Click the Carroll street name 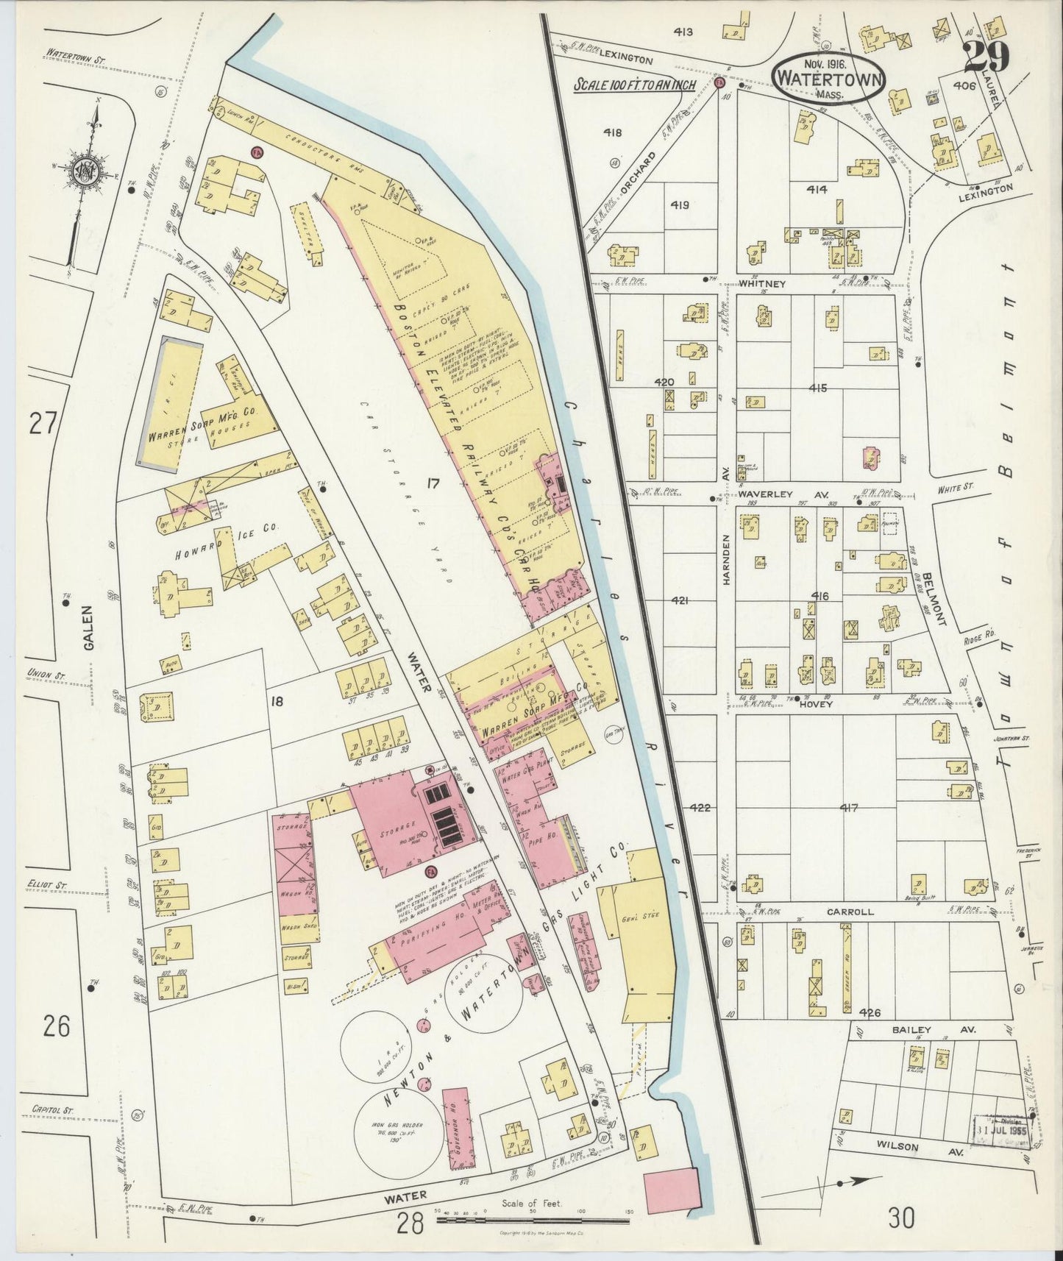click(850, 912)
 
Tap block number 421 click(680, 601)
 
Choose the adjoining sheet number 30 click(901, 1219)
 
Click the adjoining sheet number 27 click(43, 425)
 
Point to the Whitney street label click(769, 283)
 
